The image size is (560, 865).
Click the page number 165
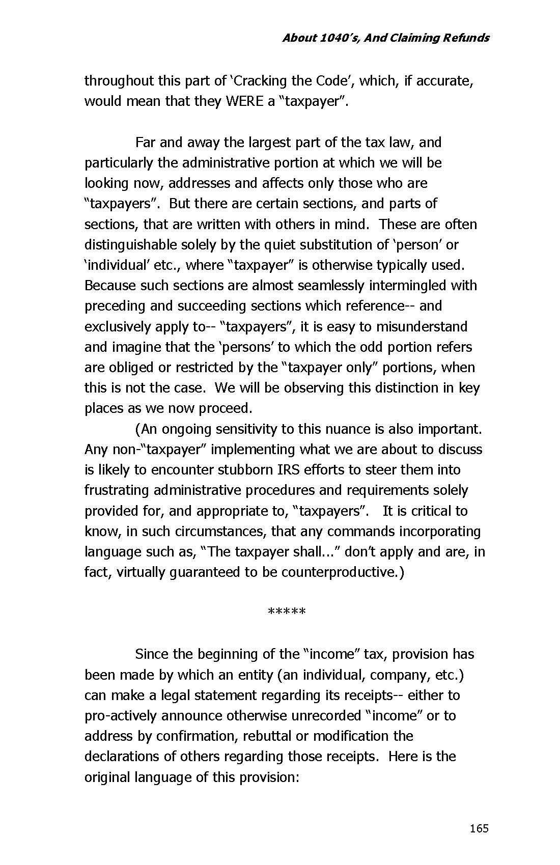tap(479, 829)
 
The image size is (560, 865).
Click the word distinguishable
tap(131, 245)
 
